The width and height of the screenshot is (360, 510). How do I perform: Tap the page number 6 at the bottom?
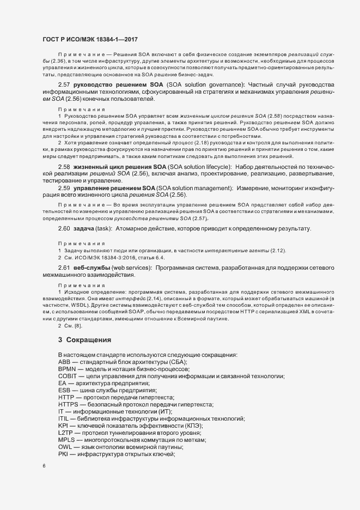[44, 466]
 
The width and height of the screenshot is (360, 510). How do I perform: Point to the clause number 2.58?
[64, 166]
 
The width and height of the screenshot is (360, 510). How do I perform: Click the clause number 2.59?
[64, 188]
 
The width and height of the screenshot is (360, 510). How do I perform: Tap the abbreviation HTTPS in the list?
[68, 404]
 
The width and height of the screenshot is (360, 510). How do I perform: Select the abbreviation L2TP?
[65, 432]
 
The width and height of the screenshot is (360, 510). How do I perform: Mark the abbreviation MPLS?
[66, 439]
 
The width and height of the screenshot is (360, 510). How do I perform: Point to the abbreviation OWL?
[65, 446]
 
